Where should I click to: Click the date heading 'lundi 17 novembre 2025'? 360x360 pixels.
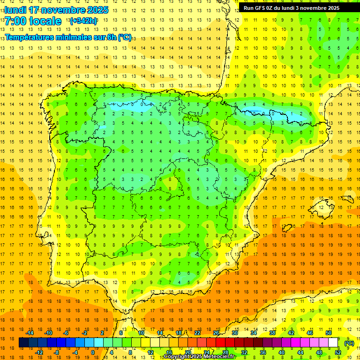[x=56, y=10]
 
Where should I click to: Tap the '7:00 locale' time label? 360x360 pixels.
[x=33, y=21]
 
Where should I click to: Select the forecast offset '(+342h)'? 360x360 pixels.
[x=83, y=21]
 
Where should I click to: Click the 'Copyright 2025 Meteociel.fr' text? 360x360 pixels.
[x=199, y=357]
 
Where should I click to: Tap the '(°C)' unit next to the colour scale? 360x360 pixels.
[x=349, y=343]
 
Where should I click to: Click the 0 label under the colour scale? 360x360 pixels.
[x=92, y=352]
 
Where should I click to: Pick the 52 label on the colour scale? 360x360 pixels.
[x=338, y=352]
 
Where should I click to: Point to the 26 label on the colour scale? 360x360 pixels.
[x=216, y=333]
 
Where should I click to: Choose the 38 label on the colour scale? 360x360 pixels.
[x=272, y=333]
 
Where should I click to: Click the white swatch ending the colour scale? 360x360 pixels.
[x=333, y=343]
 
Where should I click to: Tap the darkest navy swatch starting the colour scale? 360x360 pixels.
[x=23, y=343]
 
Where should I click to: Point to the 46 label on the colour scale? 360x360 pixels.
[x=310, y=333]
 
